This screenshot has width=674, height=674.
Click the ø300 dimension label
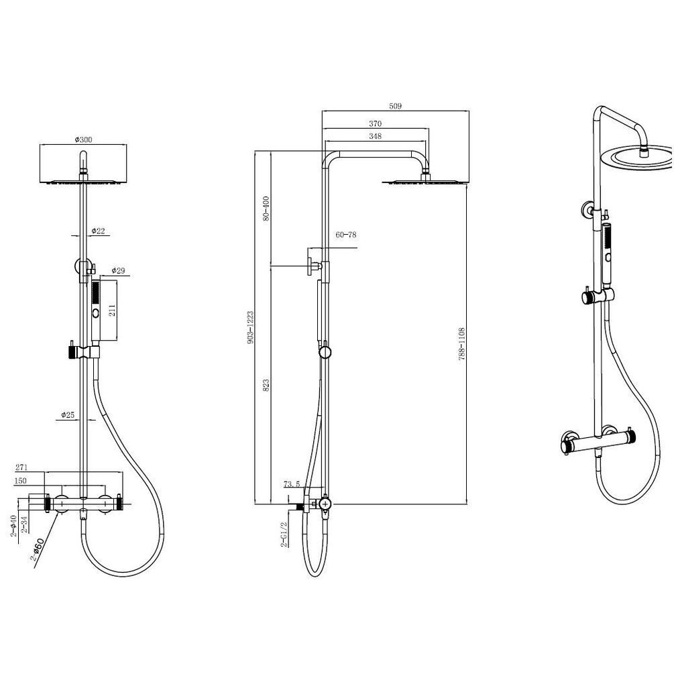click(x=83, y=139)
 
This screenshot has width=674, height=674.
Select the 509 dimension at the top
click(x=395, y=106)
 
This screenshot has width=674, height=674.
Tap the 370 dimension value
click(x=376, y=124)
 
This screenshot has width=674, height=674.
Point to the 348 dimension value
click(x=376, y=136)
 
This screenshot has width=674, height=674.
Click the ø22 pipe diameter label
click(x=98, y=231)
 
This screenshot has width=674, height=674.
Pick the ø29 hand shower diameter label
click(x=118, y=270)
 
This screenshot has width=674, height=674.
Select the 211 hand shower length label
click(x=112, y=311)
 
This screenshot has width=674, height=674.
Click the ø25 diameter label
click(x=68, y=415)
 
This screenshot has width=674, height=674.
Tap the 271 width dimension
click(x=21, y=467)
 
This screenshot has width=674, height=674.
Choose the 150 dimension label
click(x=20, y=481)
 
